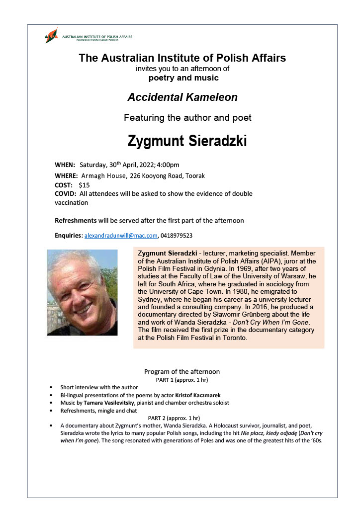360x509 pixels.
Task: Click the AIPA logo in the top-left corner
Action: coord(52,36)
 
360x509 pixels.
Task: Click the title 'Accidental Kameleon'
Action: coord(182,97)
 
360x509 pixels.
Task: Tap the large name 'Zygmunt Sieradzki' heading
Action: coord(187,141)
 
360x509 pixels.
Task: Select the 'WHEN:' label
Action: coord(65,165)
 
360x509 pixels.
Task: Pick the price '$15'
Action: coord(84,184)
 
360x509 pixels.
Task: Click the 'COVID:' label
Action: coord(66,194)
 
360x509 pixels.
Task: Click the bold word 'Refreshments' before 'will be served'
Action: coord(76,220)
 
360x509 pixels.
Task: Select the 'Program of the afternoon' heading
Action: coord(181,371)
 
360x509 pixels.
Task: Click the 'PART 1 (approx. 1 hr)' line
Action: coord(181,380)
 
